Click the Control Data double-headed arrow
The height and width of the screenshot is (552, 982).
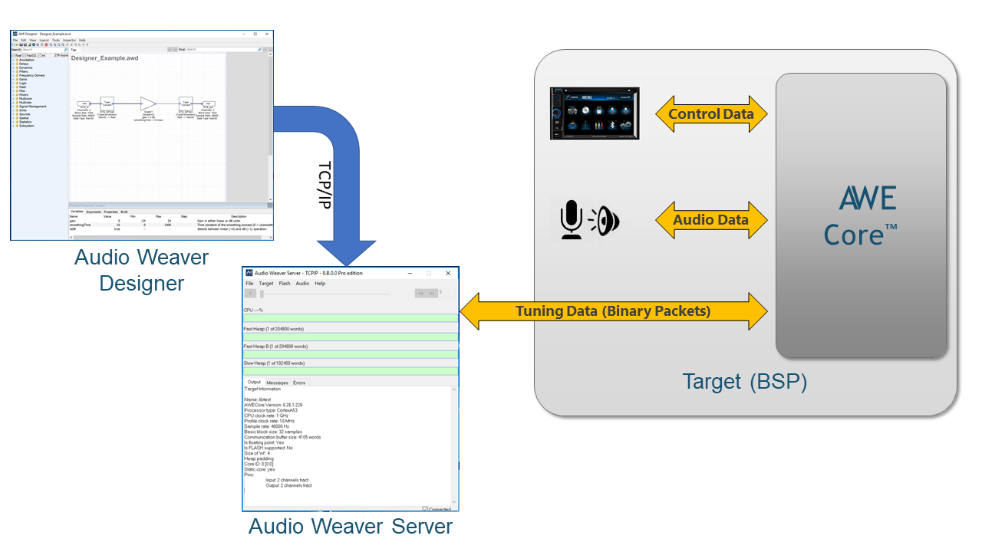711,114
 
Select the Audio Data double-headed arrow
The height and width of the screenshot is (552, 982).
711,220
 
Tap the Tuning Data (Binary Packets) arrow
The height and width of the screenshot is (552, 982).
613,311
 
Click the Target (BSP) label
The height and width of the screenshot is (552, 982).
745,381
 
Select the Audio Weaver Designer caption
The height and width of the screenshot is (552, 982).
141,270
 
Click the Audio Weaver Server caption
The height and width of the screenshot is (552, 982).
351,527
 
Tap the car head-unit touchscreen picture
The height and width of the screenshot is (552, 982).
595,113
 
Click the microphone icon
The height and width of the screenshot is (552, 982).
572,220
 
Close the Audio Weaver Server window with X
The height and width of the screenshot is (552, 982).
448,273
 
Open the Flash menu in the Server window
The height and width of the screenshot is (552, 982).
285,284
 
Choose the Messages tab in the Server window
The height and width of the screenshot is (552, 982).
277,383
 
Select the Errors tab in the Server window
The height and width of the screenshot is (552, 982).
299,383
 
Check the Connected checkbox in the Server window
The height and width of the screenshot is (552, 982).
425,509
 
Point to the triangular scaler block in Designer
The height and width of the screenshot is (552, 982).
148,103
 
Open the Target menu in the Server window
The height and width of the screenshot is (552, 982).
265,284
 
